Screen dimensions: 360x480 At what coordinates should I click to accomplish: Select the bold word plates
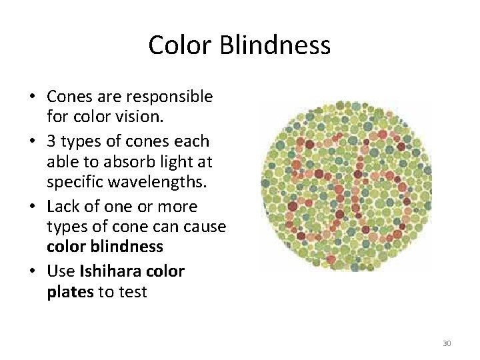(70, 291)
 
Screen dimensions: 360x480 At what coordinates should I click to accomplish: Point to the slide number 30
(446, 343)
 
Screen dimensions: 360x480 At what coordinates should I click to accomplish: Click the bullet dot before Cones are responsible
(33, 97)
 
